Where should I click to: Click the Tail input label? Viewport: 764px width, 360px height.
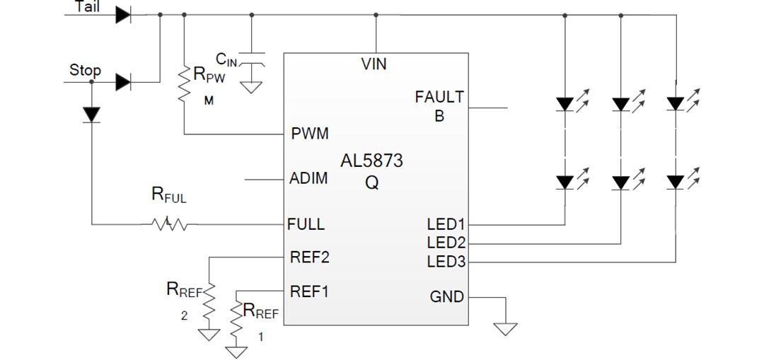(87, 6)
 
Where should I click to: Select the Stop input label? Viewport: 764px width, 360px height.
(85, 70)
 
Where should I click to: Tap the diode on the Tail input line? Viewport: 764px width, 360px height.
(123, 14)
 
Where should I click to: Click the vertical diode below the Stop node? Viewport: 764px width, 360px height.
(92, 114)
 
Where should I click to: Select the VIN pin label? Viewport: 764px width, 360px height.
(374, 64)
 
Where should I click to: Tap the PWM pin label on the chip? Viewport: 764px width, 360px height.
(310, 134)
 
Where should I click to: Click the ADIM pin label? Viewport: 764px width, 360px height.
(309, 178)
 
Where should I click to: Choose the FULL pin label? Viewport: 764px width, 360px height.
(306, 224)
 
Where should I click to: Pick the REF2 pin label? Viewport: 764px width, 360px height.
(310, 257)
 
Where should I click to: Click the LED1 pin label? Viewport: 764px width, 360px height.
(446, 225)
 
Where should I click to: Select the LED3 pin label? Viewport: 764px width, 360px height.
(446, 262)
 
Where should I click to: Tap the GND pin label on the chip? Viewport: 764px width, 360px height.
(447, 296)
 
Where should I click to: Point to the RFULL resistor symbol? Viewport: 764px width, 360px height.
(169, 225)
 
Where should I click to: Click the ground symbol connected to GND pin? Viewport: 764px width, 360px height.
(505, 328)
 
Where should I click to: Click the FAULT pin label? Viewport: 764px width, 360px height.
(439, 97)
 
